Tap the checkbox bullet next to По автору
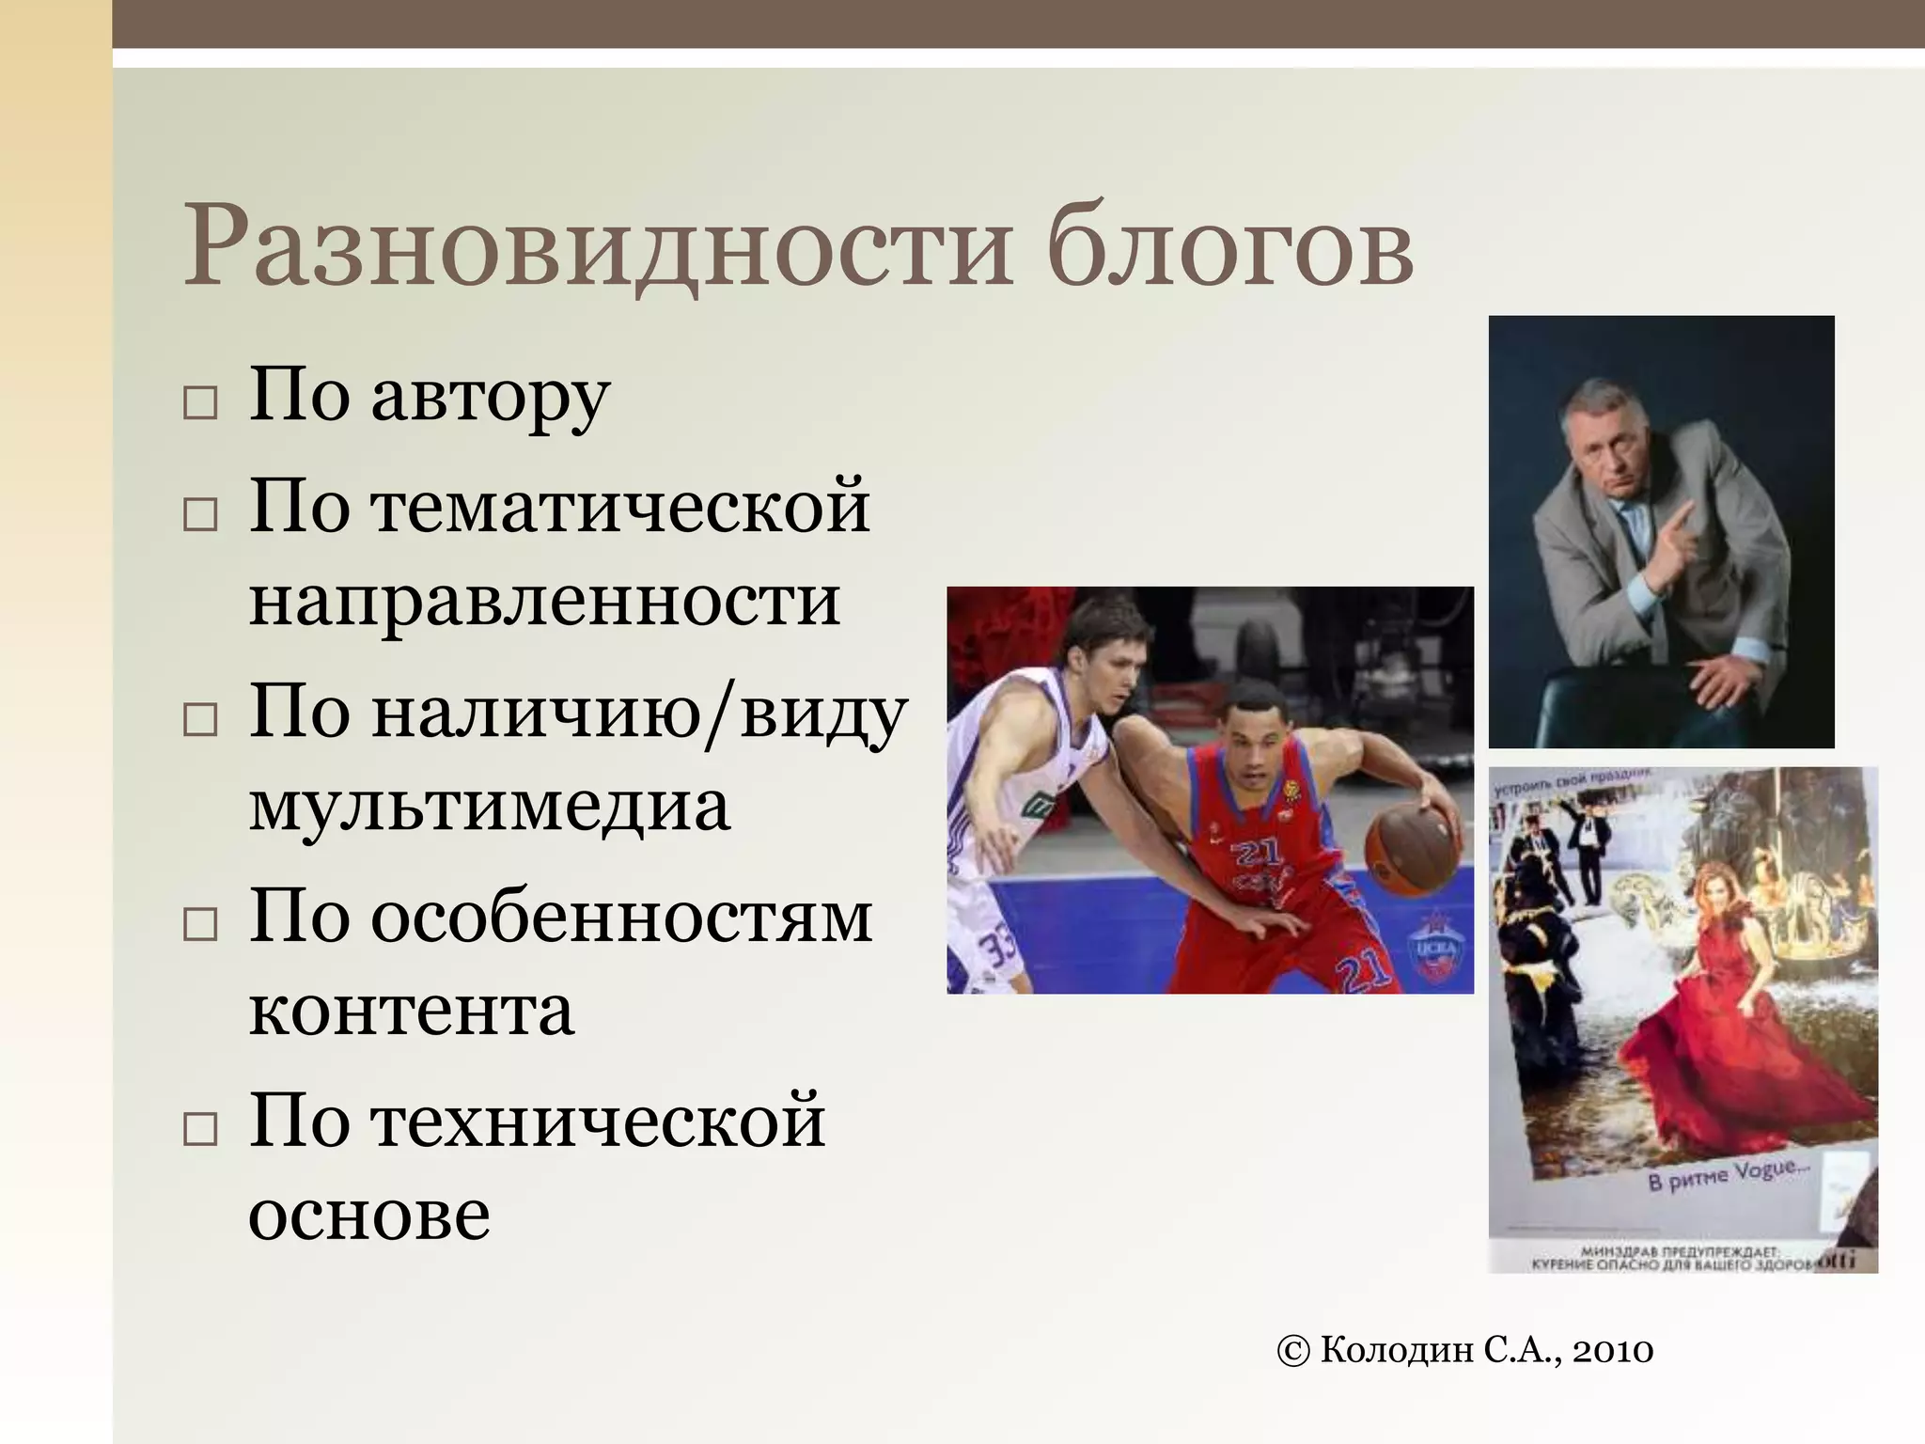click(x=199, y=403)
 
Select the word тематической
click(x=620, y=509)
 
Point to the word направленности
click(x=544, y=602)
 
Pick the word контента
click(x=411, y=1011)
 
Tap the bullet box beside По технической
click(x=199, y=1127)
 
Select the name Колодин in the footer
click(x=1398, y=1351)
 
